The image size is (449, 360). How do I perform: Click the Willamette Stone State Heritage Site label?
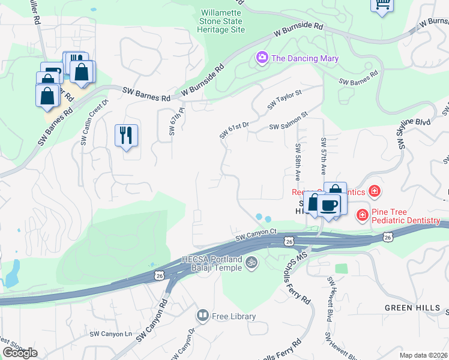point(223,20)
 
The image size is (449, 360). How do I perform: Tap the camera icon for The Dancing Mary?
point(262,58)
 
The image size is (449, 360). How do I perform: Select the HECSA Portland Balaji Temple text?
point(211,264)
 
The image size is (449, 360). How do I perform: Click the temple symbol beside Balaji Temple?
point(252,262)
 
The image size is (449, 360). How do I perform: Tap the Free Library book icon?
point(203,316)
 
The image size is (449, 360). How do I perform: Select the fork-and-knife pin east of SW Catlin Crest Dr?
point(126,135)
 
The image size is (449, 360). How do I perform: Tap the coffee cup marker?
point(329,205)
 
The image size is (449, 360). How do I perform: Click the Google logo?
point(20,353)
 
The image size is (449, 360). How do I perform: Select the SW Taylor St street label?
point(284,98)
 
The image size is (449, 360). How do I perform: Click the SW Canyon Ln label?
point(110,334)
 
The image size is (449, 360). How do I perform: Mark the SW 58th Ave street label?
point(297,162)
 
